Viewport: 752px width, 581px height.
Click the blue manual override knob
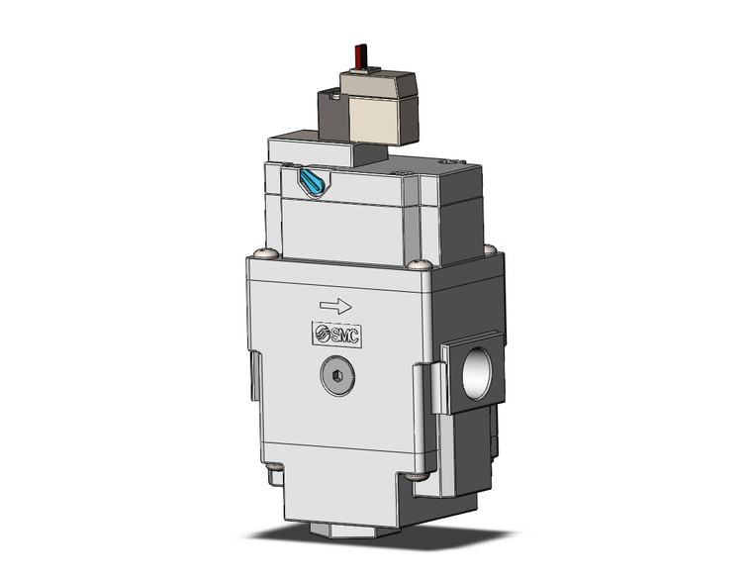pyautogui.click(x=312, y=181)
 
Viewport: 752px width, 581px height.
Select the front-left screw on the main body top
pyautogui.click(x=260, y=255)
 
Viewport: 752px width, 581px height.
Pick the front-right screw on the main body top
pyautogui.click(x=421, y=262)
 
